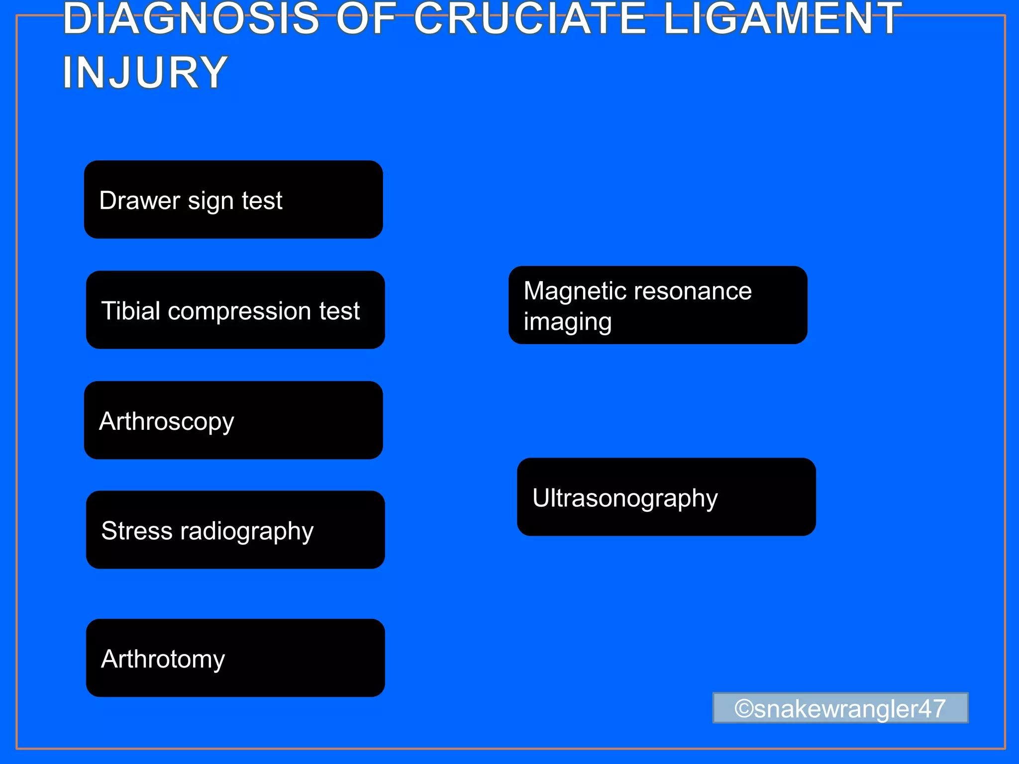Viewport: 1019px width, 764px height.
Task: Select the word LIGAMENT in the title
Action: tap(783, 19)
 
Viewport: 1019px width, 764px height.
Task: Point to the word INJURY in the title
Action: tap(145, 73)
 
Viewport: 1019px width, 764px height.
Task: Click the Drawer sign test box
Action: tap(233, 199)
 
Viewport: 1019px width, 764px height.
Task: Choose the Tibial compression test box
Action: tap(235, 310)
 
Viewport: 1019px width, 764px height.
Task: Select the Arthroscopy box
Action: tap(233, 420)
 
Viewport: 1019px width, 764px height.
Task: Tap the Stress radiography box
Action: tap(235, 530)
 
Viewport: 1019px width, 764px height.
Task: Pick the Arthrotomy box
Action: tap(235, 658)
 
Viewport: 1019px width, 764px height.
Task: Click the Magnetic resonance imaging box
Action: tap(658, 305)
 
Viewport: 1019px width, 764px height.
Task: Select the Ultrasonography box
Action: tap(666, 497)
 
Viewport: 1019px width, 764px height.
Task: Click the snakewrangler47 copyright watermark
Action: tap(840, 708)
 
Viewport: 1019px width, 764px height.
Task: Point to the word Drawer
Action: tap(139, 200)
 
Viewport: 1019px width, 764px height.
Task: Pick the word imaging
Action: tap(567, 322)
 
